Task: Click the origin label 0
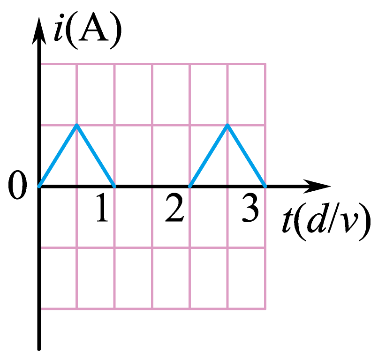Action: coord(17,185)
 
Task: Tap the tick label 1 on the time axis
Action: coord(102,207)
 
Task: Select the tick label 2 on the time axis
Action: coord(174,207)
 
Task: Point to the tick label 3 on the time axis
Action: coord(250,207)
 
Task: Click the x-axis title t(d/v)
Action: coord(326,221)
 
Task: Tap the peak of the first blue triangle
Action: coord(76,125)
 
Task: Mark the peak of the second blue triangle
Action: coord(227,125)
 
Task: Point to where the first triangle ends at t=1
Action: coord(114,186)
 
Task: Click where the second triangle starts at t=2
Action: coord(190,186)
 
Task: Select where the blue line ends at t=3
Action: coord(265,186)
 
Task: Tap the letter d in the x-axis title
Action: coord(317,218)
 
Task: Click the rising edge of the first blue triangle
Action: coord(58,156)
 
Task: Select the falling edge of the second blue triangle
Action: coord(246,156)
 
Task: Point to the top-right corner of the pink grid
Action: coord(265,64)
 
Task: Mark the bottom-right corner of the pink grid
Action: coord(265,308)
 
